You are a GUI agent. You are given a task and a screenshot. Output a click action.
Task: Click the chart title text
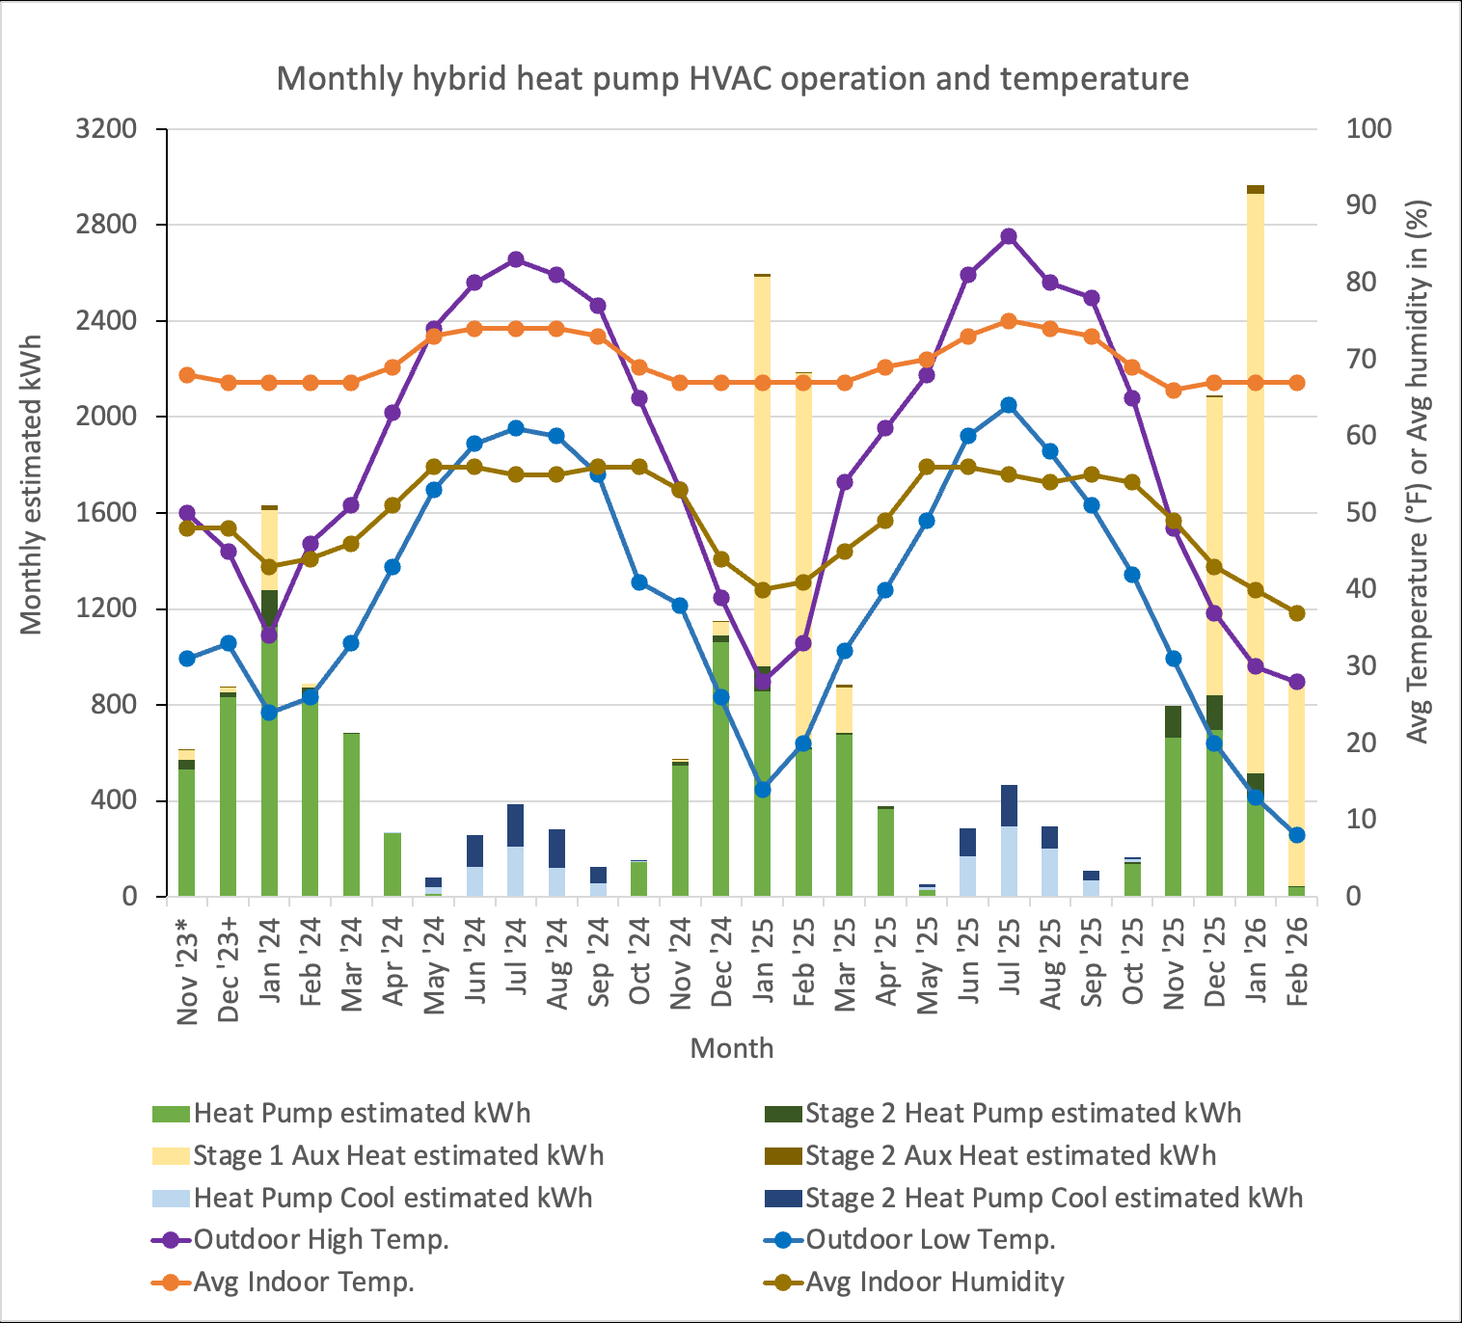pyautogui.click(x=732, y=78)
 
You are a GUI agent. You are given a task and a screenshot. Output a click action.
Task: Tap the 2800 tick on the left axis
pyautogui.click(x=107, y=225)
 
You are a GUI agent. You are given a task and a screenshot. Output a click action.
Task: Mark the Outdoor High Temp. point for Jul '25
pyautogui.click(x=1009, y=236)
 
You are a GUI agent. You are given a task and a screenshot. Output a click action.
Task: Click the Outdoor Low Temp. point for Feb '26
pyautogui.click(x=1297, y=835)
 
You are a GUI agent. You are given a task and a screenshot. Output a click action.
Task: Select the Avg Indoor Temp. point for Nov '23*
pyautogui.click(x=187, y=375)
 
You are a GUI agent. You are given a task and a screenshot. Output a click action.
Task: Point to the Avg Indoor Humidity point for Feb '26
pyautogui.click(x=1297, y=613)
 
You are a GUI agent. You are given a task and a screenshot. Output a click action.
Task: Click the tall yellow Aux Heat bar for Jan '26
pyautogui.click(x=1256, y=482)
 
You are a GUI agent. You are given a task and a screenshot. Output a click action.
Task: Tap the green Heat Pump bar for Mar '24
pyautogui.click(x=351, y=815)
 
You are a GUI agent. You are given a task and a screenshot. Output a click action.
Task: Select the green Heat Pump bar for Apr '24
pyautogui.click(x=393, y=865)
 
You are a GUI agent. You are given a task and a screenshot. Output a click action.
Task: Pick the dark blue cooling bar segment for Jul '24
pyautogui.click(x=516, y=825)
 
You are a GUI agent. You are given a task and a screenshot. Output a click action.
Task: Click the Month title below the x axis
pyautogui.click(x=732, y=1048)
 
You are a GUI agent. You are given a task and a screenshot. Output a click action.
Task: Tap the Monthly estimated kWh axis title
pyautogui.click(x=32, y=485)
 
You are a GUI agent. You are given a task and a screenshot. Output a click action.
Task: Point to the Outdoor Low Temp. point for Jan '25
pyautogui.click(x=763, y=789)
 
